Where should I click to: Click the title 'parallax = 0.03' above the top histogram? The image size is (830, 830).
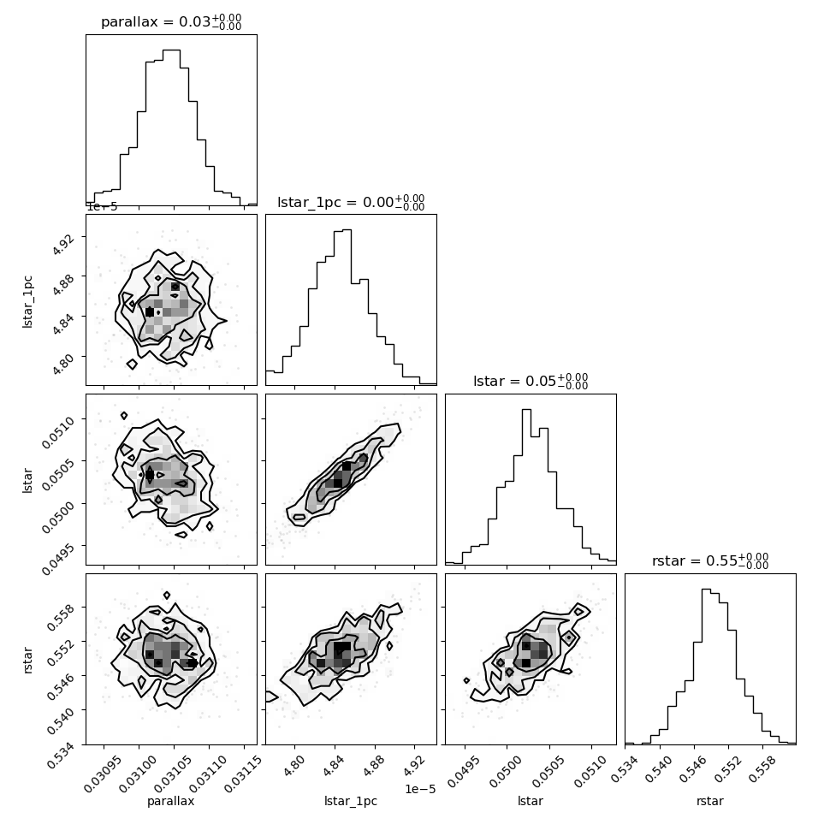tap(156, 21)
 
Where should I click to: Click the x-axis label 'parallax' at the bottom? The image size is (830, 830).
tap(171, 801)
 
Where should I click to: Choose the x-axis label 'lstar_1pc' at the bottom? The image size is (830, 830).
tap(351, 801)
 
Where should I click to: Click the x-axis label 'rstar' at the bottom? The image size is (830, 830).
tap(710, 801)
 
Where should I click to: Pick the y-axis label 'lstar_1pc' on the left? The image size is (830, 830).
tap(27, 302)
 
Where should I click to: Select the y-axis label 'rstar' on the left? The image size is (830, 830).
tap(27, 660)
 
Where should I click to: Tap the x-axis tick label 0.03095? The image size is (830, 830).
tap(104, 774)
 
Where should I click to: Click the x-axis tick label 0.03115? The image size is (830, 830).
tap(244, 774)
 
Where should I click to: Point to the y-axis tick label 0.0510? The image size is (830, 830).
tap(58, 432)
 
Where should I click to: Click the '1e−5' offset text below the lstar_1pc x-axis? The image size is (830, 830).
tap(420, 789)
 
